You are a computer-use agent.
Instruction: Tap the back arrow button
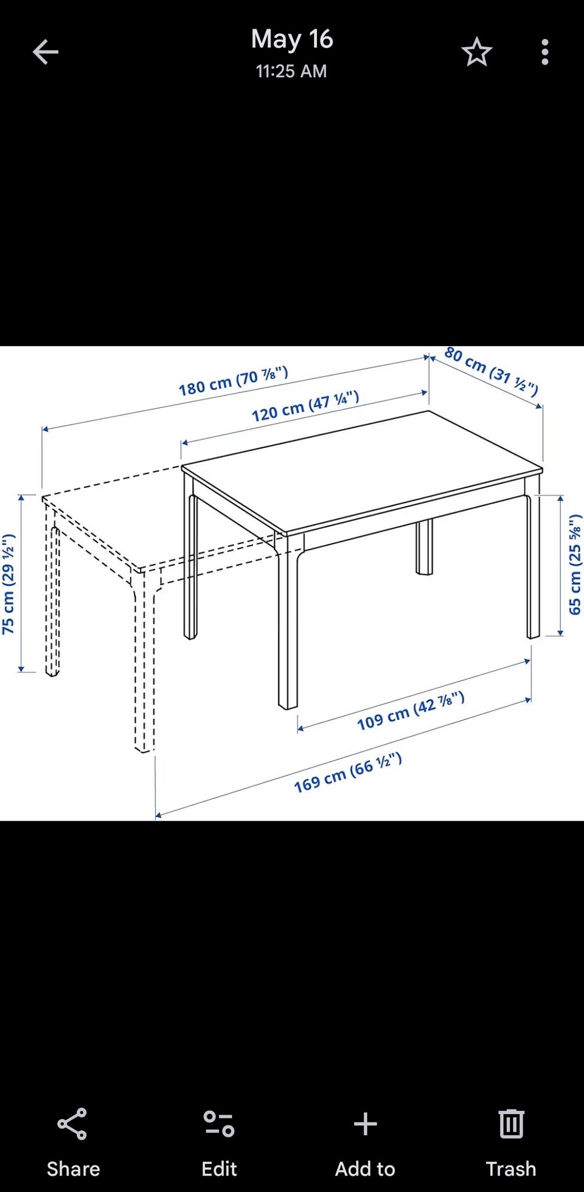tap(46, 52)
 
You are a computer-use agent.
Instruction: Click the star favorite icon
tap(476, 52)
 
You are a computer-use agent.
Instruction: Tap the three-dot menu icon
tap(545, 52)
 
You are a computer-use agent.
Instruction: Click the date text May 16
tap(292, 39)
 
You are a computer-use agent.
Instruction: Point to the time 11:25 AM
tap(291, 71)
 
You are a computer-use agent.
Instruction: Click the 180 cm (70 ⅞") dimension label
tap(233, 381)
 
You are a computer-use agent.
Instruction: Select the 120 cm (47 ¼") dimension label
tap(305, 406)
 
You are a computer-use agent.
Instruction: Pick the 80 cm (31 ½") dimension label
tap(492, 371)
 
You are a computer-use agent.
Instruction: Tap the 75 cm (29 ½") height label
tap(8, 584)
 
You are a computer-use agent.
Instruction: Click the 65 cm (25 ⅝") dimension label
tap(575, 565)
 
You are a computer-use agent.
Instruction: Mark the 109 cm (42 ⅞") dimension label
tap(411, 711)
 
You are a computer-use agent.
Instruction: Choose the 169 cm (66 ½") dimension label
tap(348, 772)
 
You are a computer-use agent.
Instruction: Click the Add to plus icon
tap(365, 1124)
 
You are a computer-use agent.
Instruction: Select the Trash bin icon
tap(511, 1123)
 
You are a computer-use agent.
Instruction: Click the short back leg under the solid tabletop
tap(424, 546)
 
